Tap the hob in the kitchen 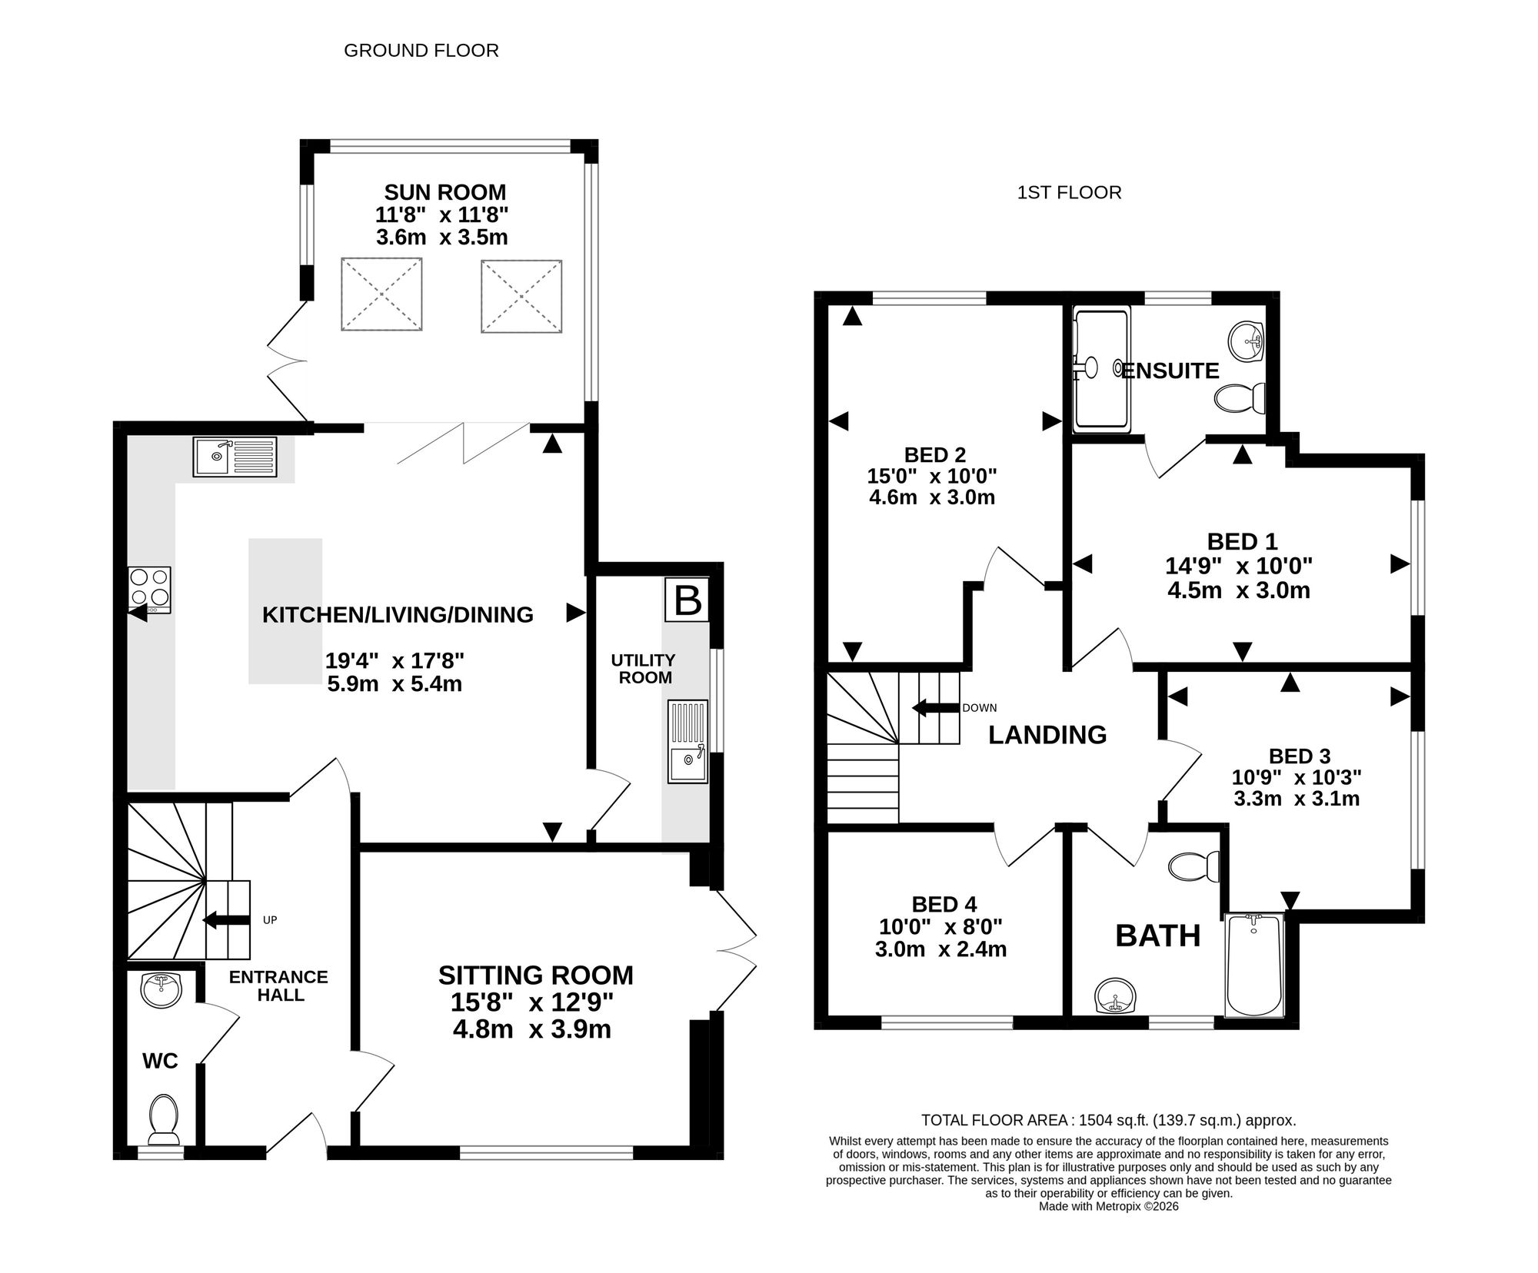[x=150, y=590]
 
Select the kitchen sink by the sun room [x=235, y=457]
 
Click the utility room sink [x=687, y=741]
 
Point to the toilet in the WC [x=163, y=1118]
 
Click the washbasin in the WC [x=161, y=989]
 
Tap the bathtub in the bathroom [x=1254, y=966]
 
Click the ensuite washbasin [x=1247, y=341]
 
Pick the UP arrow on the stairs [x=226, y=919]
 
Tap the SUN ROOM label [x=445, y=191]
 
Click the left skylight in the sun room [x=381, y=295]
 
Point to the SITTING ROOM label [x=536, y=975]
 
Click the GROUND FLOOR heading [x=421, y=51]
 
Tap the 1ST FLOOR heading [x=1069, y=192]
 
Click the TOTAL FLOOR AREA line [x=1109, y=1120]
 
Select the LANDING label [x=1047, y=735]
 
